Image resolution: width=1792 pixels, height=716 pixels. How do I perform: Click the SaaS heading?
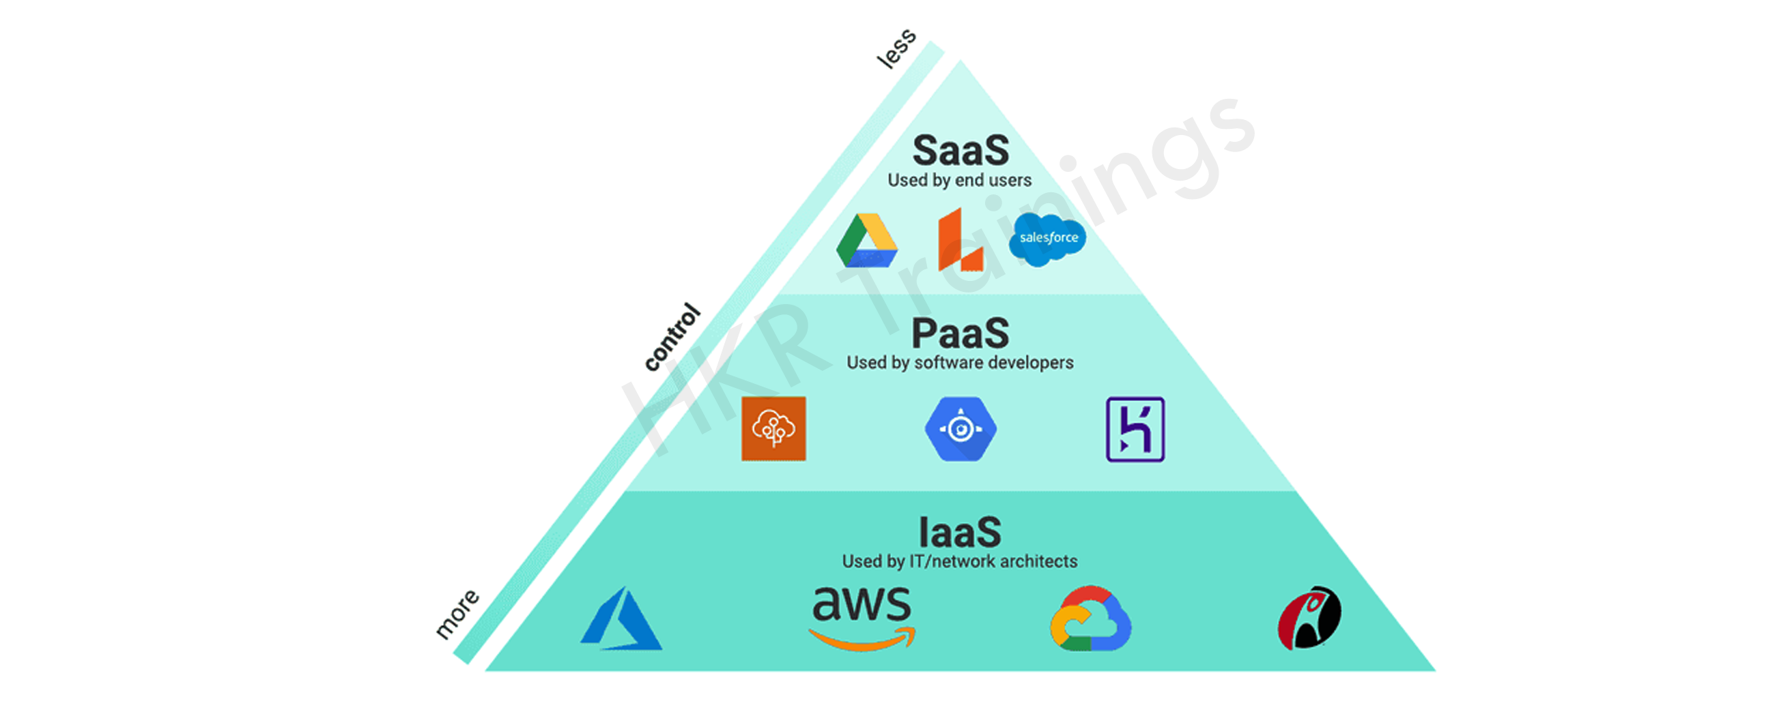[960, 150]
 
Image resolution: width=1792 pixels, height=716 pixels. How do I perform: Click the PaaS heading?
[960, 333]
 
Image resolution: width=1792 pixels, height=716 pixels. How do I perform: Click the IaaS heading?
[960, 533]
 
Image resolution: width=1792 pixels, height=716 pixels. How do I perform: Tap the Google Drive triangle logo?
[867, 241]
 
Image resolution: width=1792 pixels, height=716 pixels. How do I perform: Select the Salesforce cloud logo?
[1048, 239]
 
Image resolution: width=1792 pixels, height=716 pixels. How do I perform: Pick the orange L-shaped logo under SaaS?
[960, 239]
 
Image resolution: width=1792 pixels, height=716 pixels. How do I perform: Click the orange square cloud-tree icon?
[773, 429]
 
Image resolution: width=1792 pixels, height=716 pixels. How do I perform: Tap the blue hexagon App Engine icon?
[960, 429]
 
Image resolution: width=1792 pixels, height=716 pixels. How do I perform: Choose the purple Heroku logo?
[1135, 429]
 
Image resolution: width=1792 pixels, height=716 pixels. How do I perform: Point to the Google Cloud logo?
[1091, 618]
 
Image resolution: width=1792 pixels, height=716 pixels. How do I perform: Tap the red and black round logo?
[1309, 618]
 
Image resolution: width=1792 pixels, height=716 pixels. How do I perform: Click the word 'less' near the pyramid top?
[897, 48]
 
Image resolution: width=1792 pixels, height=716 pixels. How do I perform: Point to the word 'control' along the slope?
[672, 337]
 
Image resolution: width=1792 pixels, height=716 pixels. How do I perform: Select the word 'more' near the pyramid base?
[457, 614]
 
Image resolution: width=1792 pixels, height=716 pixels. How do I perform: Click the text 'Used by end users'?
[960, 181]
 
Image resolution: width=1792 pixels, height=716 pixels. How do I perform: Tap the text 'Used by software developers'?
[960, 363]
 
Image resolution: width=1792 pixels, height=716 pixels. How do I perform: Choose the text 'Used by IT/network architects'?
[960, 562]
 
